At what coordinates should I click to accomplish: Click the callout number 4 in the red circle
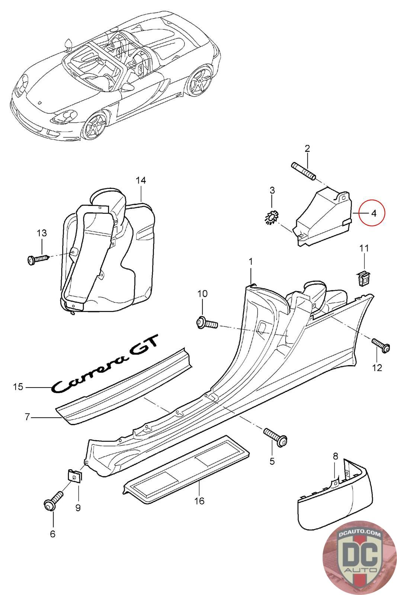pyautogui.click(x=374, y=213)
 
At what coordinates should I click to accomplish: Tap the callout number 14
pyautogui.click(x=141, y=180)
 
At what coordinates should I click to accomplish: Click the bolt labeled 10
pyautogui.click(x=207, y=323)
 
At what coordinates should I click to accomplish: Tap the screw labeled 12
pyautogui.click(x=381, y=345)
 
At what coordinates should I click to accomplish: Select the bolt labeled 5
pyautogui.click(x=276, y=438)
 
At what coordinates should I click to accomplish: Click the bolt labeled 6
pyautogui.click(x=53, y=500)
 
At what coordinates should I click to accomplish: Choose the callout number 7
pyautogui.click(x=27, y=417)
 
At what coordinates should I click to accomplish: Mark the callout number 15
pyautogui.click(x=18, y=387)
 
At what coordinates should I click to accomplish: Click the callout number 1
pyautogui.click(x=250, y=262)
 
